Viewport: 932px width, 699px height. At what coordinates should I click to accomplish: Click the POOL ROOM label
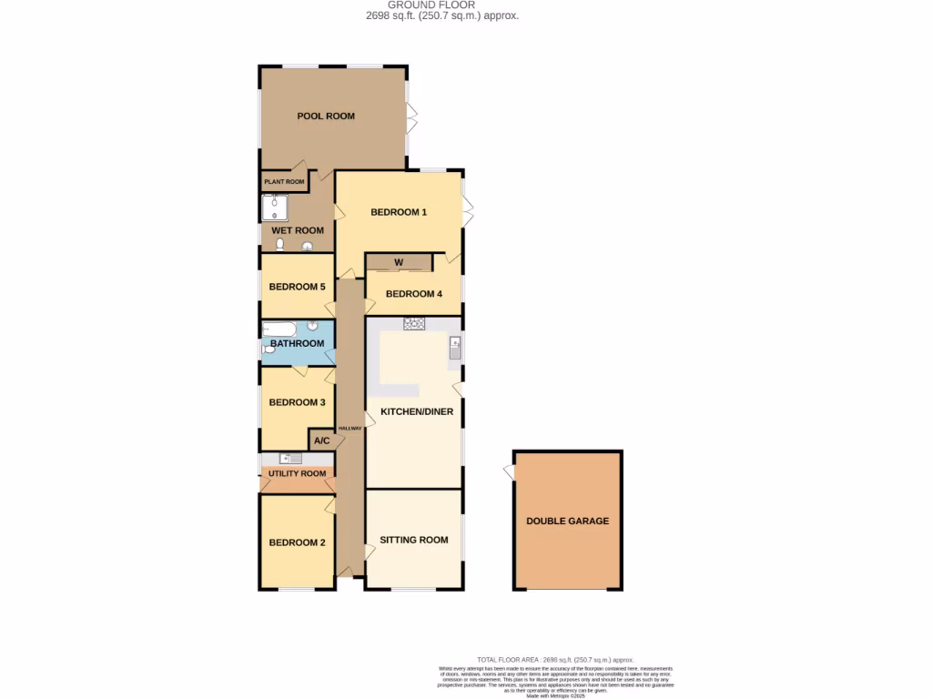pyautogui.click(x=326, y=116)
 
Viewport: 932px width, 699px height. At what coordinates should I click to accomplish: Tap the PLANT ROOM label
pyautogui.click(x=284, y=182)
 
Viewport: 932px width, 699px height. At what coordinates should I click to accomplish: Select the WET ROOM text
pyautogui.click(x=297, y=231)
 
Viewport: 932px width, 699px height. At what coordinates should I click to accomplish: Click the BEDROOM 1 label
pyautogui.click(x=399, y=212)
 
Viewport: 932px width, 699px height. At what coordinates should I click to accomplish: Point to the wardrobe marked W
pyautogui.click(x=399, y=264)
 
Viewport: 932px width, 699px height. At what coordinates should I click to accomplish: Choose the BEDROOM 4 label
pyautogui.click(x=414, y=294)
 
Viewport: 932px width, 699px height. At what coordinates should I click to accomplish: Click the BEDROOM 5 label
pyautogui.click(x=297, y=287)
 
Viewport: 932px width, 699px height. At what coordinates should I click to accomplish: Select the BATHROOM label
pyautogui.click(x=297, y=344)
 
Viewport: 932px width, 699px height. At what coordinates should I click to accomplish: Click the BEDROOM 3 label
pyautogui.click(x=297, y=402)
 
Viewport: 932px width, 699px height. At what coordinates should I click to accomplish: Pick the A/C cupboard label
pyautogui.click(x=321, y=441)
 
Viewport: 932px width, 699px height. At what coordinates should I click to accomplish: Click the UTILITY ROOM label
pyautogui.click(x=297, y=474)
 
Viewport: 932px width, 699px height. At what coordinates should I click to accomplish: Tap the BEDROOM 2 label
pyautogui.click(x=297, y=543)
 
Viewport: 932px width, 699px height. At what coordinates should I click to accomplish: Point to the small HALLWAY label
pyautogui.click(x=349, y=429)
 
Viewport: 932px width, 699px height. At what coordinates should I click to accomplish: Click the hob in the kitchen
pyautogui.click(x=414, y=323)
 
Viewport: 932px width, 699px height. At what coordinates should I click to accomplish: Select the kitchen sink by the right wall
pyautogui.click(x=455, y=347)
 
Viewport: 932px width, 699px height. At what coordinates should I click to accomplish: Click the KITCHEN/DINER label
pyautogui.click(x=417, y=412)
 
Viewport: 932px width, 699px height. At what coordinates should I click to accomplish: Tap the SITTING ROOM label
pyautogui.click(x=414, y=541)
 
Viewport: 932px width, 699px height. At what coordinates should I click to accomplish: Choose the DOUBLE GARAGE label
pyautogui.click(x=568, y=522)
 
